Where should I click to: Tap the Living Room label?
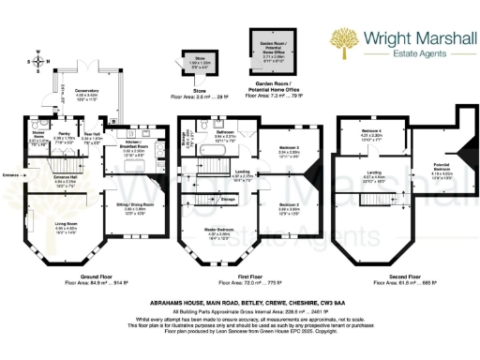click(x=66, y=225)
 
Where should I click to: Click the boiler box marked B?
click(x=114, y=122)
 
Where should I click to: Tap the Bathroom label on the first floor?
click(x=224, y=134)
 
